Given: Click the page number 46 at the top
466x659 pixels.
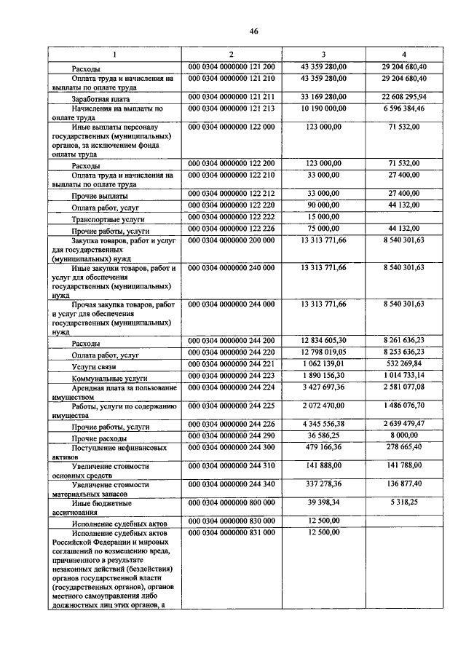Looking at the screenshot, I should [253, 31].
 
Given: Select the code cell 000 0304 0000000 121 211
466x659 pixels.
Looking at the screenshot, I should [232, 95].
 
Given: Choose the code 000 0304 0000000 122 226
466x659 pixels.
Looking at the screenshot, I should [232, 228].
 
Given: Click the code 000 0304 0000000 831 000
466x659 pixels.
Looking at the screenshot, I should [232, 533].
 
